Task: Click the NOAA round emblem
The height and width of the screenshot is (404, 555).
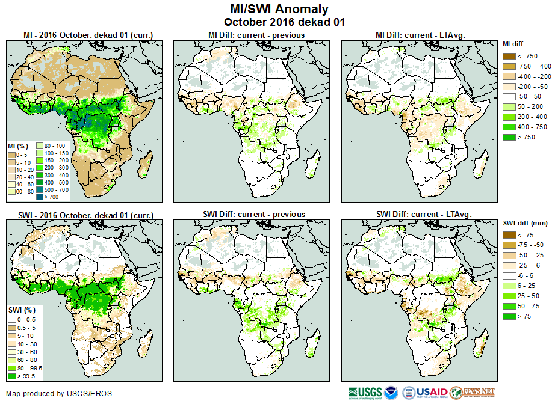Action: coord(392,392)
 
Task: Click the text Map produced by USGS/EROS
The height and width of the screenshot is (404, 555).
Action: coord(59,394)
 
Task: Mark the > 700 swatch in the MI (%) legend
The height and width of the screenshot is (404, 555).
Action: coord(40,197)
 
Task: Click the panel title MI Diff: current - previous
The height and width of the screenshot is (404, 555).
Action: coord(256,35)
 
